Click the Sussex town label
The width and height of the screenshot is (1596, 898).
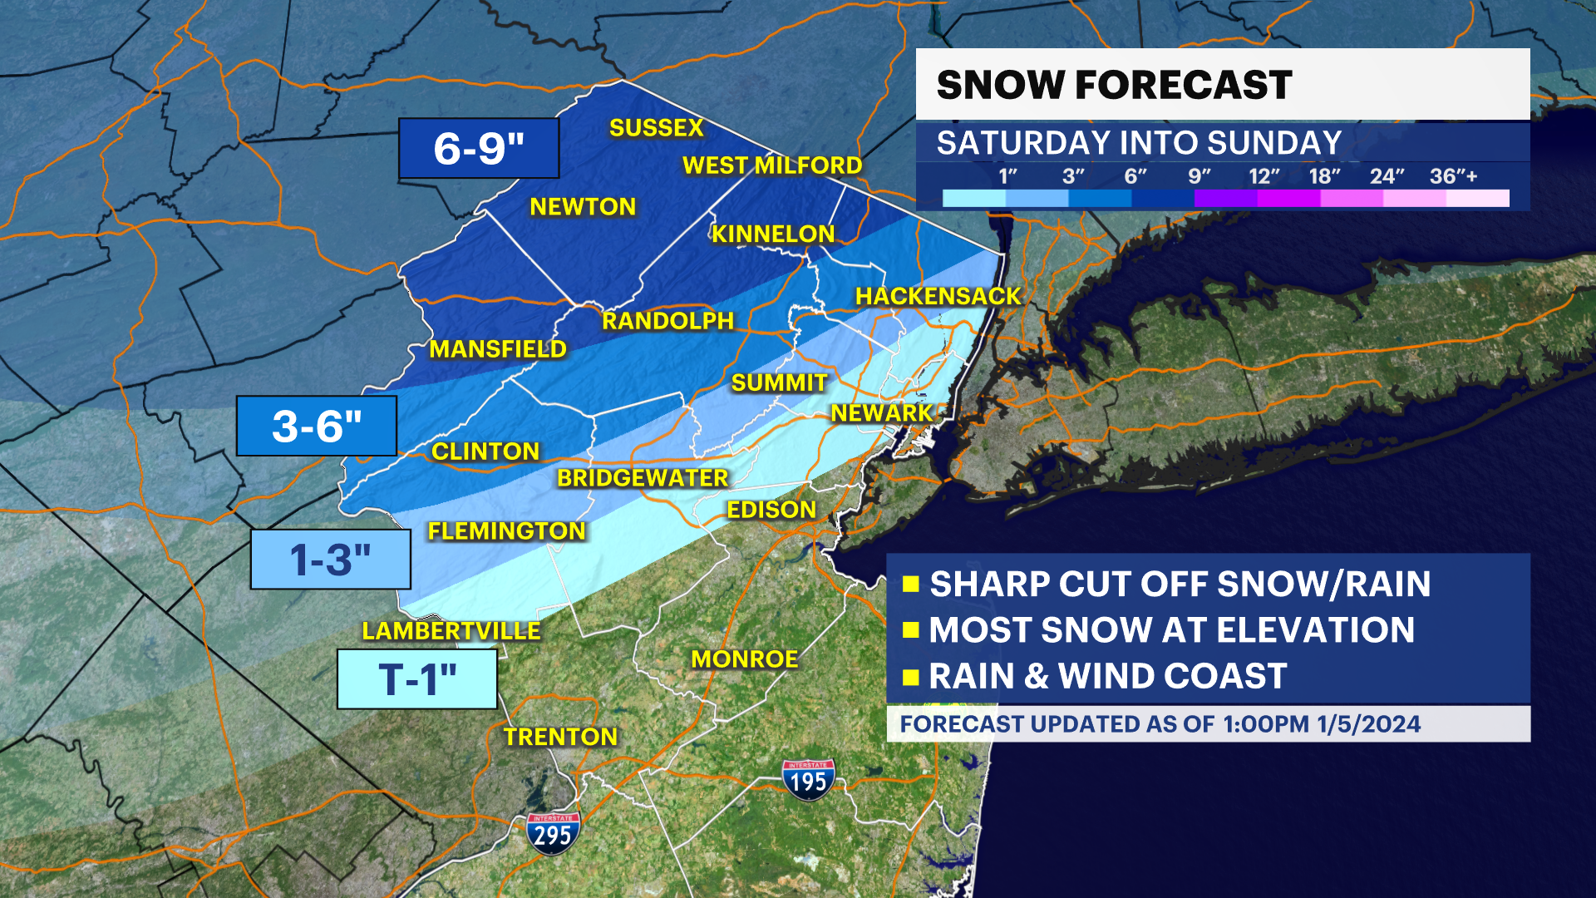point(656,128)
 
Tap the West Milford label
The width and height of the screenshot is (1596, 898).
point(771,165)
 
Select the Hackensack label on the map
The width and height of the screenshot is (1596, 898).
point(938,296)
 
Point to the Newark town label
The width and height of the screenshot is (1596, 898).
point(882,413)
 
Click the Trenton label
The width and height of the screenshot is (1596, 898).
point(560,737)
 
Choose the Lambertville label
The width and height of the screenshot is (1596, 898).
point(451,631)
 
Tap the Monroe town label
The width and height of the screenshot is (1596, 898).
point(744,659)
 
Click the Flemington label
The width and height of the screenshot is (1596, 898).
point(506,531)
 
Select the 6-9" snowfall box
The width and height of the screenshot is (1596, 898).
point(479,148)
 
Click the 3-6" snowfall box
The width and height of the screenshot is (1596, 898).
point(317,426)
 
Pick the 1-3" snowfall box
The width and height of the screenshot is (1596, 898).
point(331,560)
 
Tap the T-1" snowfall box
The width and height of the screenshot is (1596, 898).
point(417,679)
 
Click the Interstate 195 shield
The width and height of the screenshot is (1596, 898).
point(808,779)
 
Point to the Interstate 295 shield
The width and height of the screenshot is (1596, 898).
point(552,833)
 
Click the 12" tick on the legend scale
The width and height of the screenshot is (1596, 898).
point(1263,176)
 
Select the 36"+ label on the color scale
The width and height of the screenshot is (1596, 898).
point(1453,176)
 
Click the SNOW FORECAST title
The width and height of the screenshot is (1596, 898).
point(1114,85)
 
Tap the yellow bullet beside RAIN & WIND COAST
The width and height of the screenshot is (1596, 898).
point(910,676)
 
